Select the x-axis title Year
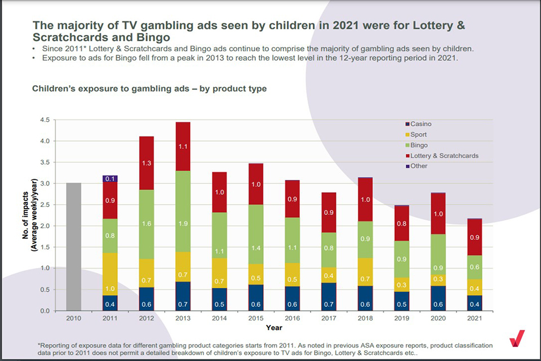(x=275, y=328)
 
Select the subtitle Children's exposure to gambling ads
(x=149, y=89)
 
